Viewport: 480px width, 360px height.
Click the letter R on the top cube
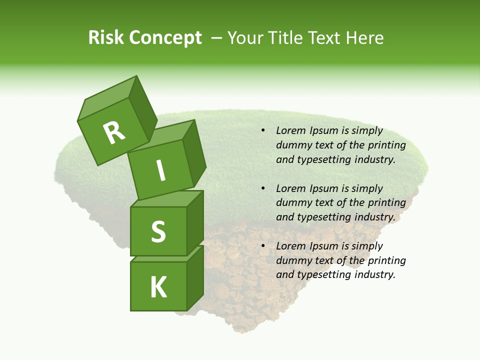(x=114, y=133)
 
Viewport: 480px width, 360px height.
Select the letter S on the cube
(x=158, y=231)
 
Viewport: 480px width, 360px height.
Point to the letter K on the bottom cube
(x=158, y=287)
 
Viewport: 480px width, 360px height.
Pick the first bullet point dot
(x=262, y=130)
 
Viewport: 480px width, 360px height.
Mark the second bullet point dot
(x=262, y=188)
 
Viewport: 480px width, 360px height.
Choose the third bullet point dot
(x=262, y=246)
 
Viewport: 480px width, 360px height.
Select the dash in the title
(x=217, y=37)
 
